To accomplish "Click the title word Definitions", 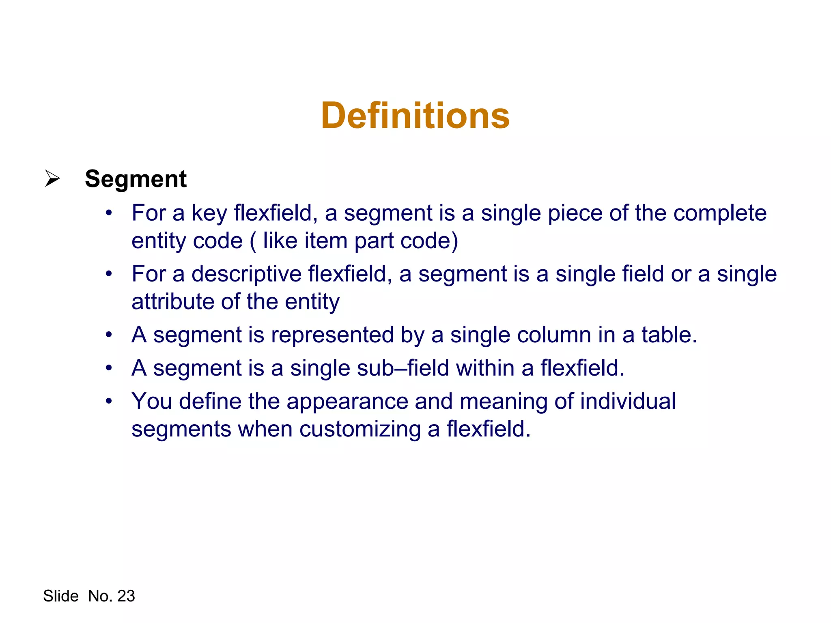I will point(415,116).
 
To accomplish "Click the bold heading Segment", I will point(136,179).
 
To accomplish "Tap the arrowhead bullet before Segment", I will point(52,178).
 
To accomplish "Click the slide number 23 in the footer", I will point(126,596).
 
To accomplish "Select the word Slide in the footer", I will point(61,596).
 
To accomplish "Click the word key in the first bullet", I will point(209,213).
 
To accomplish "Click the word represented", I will point(332,335).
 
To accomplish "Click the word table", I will point(669,335).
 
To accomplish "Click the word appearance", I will point(347,402).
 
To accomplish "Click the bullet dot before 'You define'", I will point(108,402).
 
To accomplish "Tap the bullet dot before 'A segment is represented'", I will point(108,335).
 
